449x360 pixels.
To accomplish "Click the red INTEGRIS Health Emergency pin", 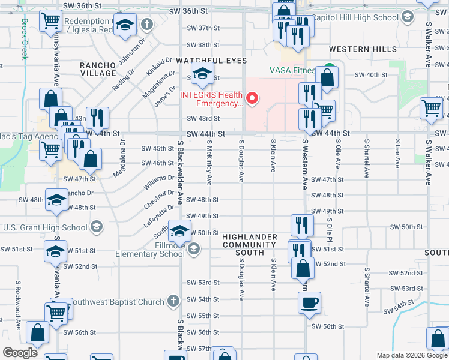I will [253, 98].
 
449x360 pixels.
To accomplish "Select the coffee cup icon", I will [310, 303].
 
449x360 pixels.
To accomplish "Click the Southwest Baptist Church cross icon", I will [173, 300].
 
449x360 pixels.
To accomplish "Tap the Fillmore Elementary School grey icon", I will [194, 249].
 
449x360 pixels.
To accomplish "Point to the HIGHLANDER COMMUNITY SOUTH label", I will [250, 245].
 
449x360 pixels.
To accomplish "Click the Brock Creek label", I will [25, 38].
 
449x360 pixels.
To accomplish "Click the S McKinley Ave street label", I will [209, 162].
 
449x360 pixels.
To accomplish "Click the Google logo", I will [20, 353].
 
